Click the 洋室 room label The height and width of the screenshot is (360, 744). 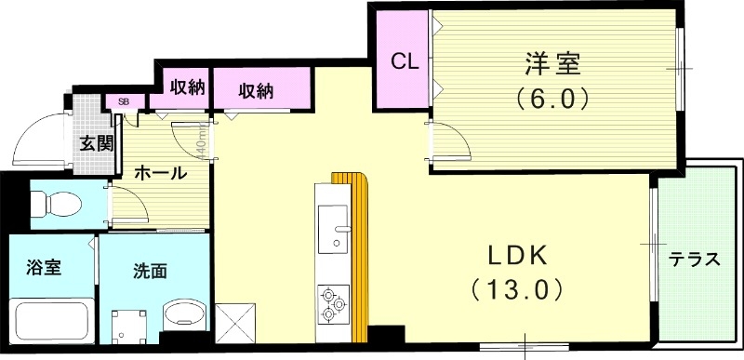tap(551, 64)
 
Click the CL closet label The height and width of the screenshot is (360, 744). tap(402, 62)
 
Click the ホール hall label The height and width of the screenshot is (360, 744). tap(160, 173)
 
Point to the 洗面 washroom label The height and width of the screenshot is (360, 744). tap(150, 272)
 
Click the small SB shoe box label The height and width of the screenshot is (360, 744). tap(123, 100)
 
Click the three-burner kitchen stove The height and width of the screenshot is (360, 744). tap(332, 303)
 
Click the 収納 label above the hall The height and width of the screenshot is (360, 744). tap(187, 87)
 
